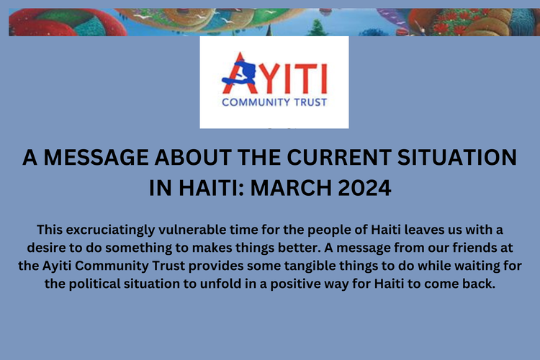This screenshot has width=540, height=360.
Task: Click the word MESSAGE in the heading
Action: click(97, 159)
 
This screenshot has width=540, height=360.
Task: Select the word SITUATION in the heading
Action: click(452, 159)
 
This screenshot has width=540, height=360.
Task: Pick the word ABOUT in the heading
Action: click(197, 159)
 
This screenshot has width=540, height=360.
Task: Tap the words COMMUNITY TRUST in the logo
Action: click(274, 102)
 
